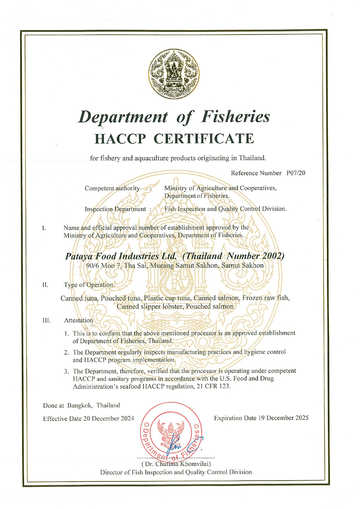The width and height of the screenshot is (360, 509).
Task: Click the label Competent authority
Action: tap(112, 188)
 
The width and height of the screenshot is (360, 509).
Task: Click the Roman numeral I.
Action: tap(44, 228)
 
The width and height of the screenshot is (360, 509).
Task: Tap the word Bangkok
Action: tap(78, 405)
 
